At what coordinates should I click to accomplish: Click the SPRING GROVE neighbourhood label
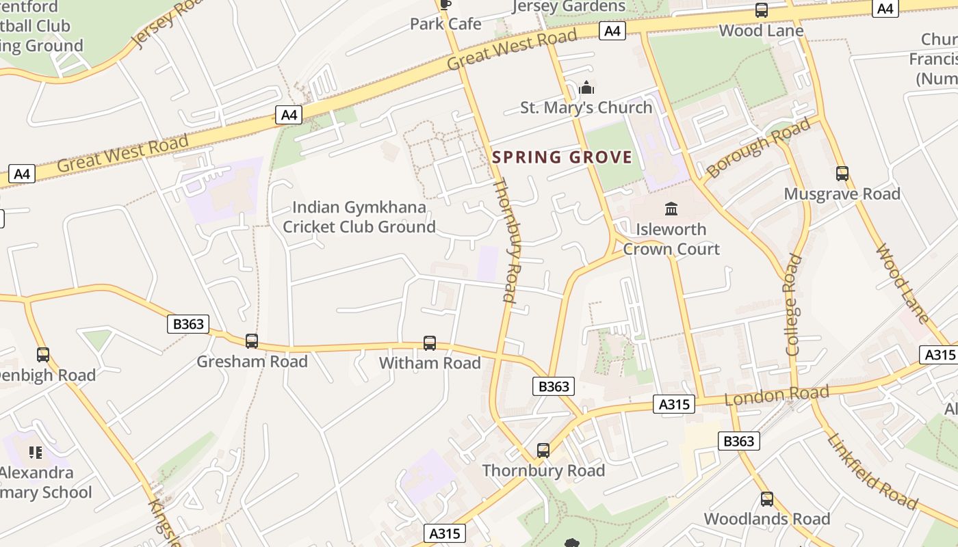click(x=562, y=157)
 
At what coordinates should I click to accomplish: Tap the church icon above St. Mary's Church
click(x=586, y=88)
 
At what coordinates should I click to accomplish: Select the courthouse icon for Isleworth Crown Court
click(x=671, y=209)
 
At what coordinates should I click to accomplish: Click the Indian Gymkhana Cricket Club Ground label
click(x=359, y=217)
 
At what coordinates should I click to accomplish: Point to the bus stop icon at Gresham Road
click(x=252, y=341)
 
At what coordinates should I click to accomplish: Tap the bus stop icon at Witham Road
click(x=430, y=343)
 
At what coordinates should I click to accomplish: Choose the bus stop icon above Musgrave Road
click(x=842, y=174)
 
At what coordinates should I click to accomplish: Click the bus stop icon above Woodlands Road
click(x=767, y=499)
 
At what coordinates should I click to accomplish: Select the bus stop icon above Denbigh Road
click(x=43, y=355)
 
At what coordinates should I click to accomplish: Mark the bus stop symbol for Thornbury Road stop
click(x=543, y=450)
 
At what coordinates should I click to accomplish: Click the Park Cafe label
click(x=445, y=24)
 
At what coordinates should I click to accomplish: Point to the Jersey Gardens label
click(x=569, y=7)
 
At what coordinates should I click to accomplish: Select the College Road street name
click(x=793, y=305)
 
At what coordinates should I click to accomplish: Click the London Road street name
click(x=777, y=395)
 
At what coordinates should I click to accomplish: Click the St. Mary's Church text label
click(x=586, y=107)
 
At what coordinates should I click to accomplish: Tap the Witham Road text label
click(x=430, y=362)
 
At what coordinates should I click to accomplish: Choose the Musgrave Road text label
click(x=842, y=194)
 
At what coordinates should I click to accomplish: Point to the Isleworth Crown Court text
click(x=671, y=239)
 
